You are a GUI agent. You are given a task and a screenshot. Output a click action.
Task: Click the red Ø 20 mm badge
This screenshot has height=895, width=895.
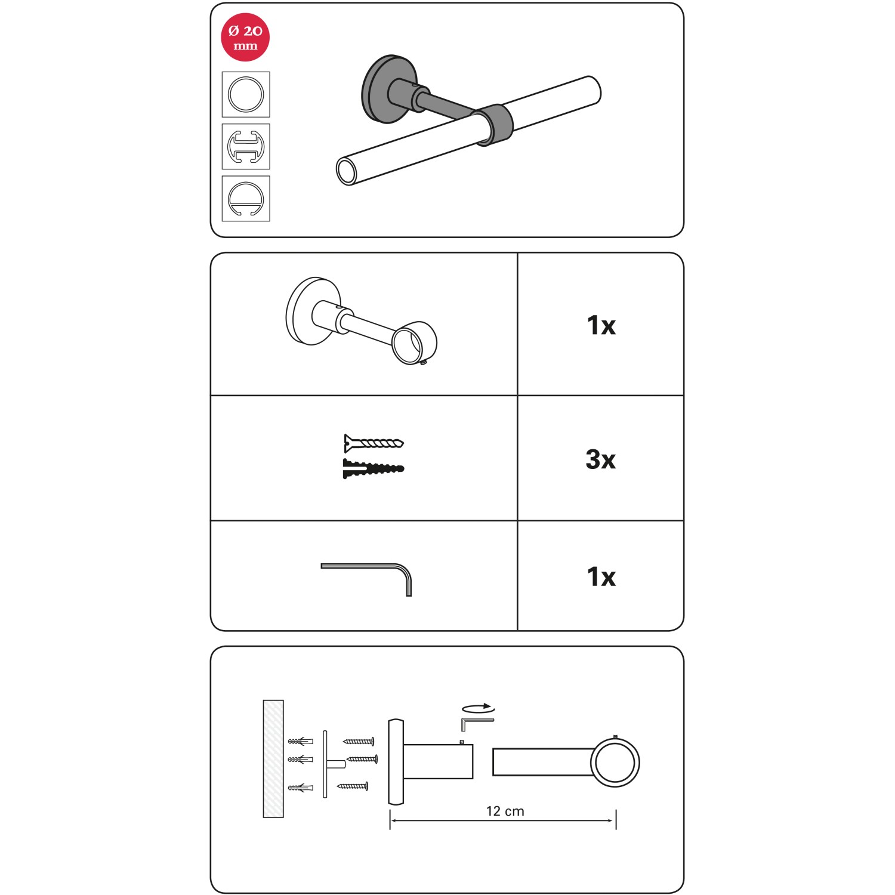point(245,37)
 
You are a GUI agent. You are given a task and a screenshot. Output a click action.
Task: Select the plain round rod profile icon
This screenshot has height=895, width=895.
point(246,94)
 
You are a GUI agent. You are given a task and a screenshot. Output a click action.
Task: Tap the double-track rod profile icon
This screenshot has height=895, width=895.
point(246,146)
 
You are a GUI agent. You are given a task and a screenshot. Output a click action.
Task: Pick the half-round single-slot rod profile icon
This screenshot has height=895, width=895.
point(246,199)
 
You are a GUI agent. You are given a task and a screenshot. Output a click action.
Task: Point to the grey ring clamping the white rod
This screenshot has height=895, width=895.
point(493,124)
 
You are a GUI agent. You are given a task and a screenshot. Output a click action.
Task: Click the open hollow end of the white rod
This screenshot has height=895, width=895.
point(347,171)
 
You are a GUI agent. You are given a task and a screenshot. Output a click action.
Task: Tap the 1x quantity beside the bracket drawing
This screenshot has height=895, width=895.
point(601,325)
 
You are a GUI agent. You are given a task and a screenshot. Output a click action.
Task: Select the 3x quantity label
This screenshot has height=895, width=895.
point(600,459)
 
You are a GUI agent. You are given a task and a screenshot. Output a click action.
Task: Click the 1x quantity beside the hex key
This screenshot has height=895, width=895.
point(601,576)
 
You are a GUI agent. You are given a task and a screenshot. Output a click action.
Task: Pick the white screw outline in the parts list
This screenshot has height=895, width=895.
point(374,443)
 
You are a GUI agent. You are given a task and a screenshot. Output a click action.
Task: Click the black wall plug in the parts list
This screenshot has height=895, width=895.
point(374,468)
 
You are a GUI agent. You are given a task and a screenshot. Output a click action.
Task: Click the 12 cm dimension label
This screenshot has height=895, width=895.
point(505,811)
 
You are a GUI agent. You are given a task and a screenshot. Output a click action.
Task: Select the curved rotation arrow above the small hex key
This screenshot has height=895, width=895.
point(479,708)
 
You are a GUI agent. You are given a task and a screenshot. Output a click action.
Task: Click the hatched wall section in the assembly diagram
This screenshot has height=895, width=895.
point(273,758)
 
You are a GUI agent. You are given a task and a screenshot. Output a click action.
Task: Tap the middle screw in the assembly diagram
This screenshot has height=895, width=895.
point(362,759)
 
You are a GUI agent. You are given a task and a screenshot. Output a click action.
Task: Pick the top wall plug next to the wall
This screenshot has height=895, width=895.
point(301,741)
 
